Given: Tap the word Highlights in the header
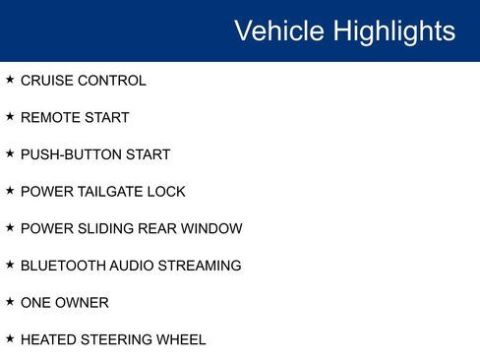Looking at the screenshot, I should tap(393, 30).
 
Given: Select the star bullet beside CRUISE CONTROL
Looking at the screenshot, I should tap(10, 80).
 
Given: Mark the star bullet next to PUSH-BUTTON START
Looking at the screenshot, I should tap(10, 153).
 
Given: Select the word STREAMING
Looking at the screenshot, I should tap(202, 266).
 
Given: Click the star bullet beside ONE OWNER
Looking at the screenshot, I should tap(10, 302).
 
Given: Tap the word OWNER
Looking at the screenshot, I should tap(84, 303).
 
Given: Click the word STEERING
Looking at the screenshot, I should tap(117, 340).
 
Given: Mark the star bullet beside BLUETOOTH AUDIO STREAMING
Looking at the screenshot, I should tap(10, 265).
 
